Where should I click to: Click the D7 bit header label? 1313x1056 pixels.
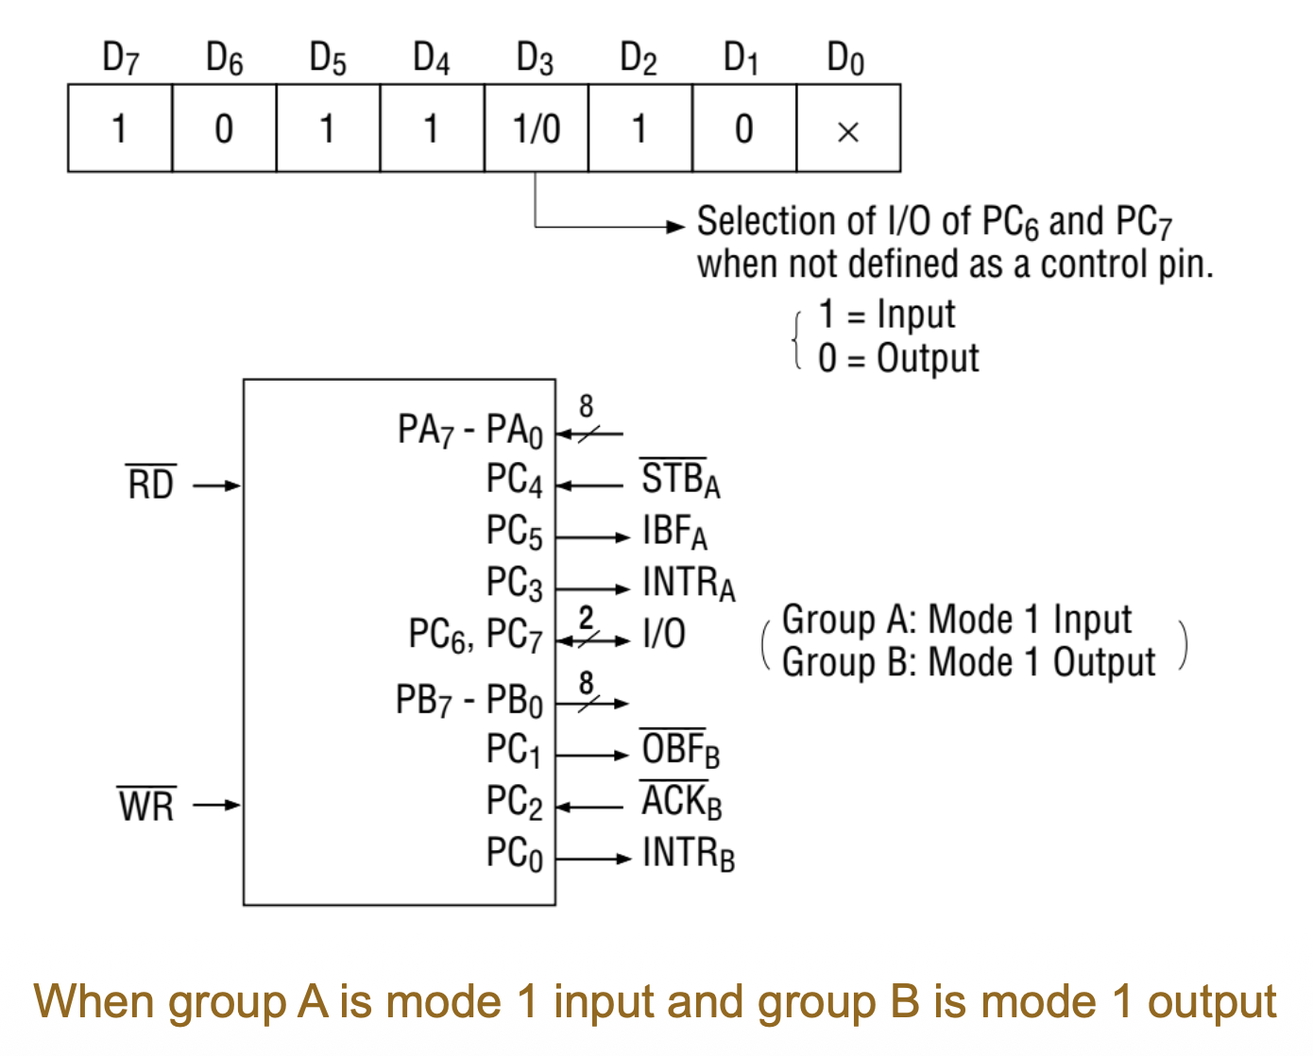120,60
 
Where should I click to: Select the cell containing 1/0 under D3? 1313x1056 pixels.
537,128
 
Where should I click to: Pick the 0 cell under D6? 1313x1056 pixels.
224,128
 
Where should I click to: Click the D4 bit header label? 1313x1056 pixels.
431,60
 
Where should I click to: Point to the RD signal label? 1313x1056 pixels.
151,485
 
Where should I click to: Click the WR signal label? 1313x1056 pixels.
146,806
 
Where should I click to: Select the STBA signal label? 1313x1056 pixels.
680,479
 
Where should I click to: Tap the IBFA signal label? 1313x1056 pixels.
674,532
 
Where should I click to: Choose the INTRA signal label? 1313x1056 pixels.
688,584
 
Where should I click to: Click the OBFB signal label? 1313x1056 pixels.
680,750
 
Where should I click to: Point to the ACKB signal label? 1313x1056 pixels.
681,802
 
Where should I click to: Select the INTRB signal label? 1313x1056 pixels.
688,854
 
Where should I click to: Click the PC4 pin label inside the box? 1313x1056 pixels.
514,480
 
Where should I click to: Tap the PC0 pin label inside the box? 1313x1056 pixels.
514,854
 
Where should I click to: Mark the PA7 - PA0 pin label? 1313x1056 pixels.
469,431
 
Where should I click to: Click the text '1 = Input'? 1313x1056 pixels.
887,315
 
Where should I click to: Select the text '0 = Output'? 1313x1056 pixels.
898,359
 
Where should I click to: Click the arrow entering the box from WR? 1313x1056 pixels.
217,806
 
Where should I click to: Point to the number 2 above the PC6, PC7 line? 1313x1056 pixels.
586,618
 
